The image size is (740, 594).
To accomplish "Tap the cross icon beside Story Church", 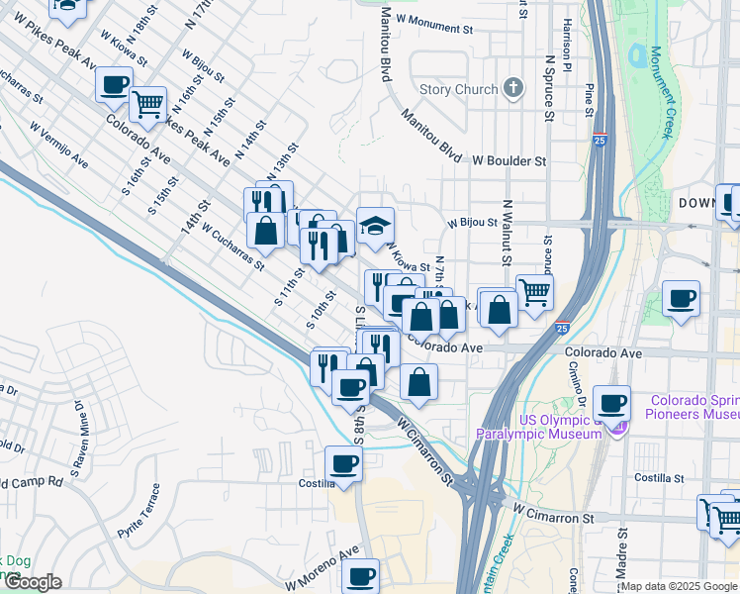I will pos(512,89).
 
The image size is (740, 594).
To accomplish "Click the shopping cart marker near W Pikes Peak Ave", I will pos(146,102).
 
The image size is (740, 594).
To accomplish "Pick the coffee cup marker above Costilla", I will pos(343,463).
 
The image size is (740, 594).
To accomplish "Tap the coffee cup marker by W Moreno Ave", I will pos(360,575).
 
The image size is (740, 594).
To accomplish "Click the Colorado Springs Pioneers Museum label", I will pos(694,408).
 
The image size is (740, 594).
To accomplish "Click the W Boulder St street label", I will pos(509,159).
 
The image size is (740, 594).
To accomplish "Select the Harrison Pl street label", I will pos(568,49).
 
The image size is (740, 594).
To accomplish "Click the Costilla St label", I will pos(660,477).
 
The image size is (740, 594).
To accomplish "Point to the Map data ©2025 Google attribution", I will pos(679,586).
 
